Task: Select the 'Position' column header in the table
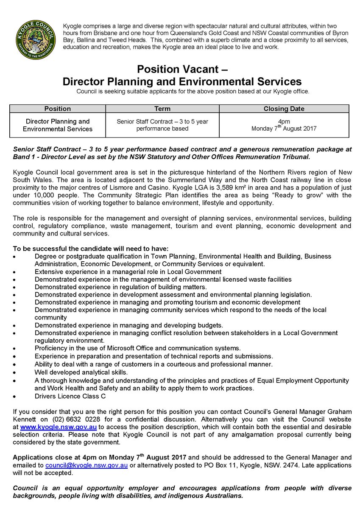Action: pyautogui.click(x=58, y=109)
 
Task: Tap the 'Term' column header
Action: pyautogui.click(x=162, y=109)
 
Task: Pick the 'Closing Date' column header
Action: pyautogui.click(x=284, y=109)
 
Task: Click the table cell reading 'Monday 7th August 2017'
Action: pyautogui.click(x=284, y=129)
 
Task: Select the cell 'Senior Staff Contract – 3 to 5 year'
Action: pyautogui.click(x=162, y=121)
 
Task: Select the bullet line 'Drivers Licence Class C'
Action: pyautogui.click(x=70, y=396)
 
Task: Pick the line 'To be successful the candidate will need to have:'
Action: pyautogui.click(x=91, y=249)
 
